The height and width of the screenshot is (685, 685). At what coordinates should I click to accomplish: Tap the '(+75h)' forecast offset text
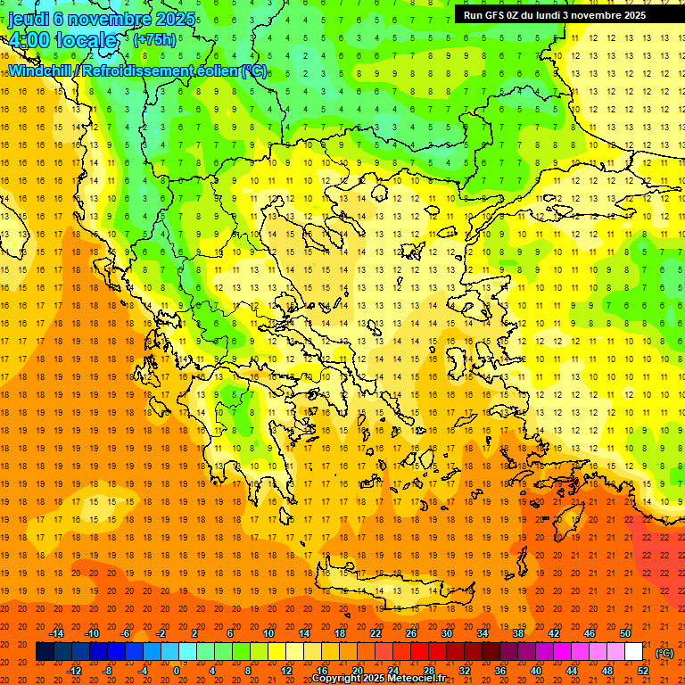point(154,39)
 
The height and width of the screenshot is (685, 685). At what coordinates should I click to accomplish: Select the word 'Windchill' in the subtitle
point(41,70)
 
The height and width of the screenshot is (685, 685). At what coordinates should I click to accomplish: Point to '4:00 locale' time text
point(62,40)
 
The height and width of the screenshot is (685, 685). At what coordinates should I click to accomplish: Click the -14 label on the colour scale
point(57,632)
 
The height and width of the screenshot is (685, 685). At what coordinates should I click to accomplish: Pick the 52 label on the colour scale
point(643,671)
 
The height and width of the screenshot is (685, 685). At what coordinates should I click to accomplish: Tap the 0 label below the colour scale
point(176,671)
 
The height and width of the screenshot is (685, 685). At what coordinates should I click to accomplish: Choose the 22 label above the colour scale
point(376,632)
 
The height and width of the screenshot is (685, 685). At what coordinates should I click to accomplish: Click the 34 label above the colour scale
point(483,632)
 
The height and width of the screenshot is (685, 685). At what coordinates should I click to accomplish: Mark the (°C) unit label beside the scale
point(664,653)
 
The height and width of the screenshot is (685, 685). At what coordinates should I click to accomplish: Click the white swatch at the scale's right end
point(633,652)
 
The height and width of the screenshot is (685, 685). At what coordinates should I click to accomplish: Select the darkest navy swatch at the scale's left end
point(45,652)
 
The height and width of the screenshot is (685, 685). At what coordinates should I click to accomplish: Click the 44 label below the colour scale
point(572,671)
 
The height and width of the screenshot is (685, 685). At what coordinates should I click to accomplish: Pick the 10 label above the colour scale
point(268,632)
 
